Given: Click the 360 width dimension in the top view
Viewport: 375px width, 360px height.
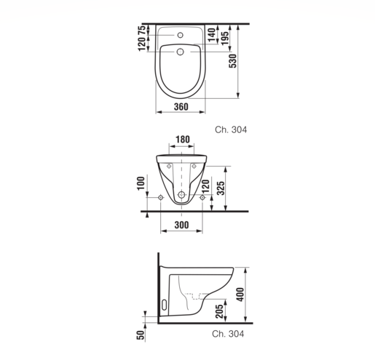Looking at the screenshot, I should coord(181,107).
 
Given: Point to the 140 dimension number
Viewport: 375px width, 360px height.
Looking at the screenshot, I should coord(211,33).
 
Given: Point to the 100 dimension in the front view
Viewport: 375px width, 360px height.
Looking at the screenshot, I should coord(141,185).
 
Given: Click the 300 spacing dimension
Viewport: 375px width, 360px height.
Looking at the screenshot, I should coord(181,226).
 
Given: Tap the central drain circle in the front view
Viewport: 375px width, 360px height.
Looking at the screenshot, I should coord(181,196).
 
